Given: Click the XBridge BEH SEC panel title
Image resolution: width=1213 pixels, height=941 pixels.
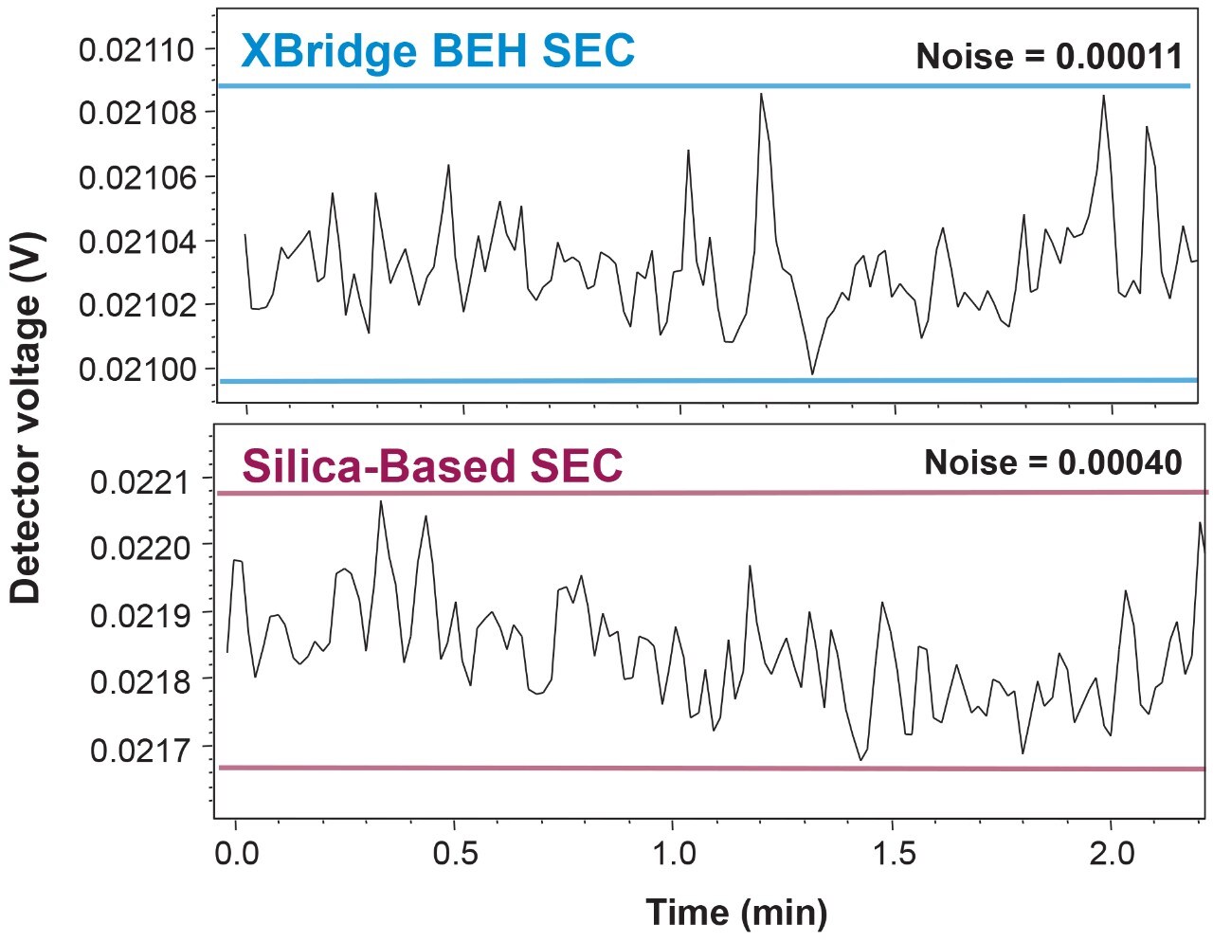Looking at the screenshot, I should coord(437,50).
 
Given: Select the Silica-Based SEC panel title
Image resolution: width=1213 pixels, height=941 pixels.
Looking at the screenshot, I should coord(432,466).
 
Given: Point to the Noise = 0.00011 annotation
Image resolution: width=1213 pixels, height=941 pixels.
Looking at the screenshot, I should coord(1049,57).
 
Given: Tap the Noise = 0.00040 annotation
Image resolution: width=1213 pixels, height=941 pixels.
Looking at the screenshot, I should coord(1053,462).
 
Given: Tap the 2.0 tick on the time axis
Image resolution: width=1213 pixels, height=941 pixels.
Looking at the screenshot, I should coord(1111,853).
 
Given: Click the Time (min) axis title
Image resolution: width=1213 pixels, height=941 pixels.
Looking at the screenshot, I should coord(736,913).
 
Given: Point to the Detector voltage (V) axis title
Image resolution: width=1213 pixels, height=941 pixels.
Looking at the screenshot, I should coord(27,417).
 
